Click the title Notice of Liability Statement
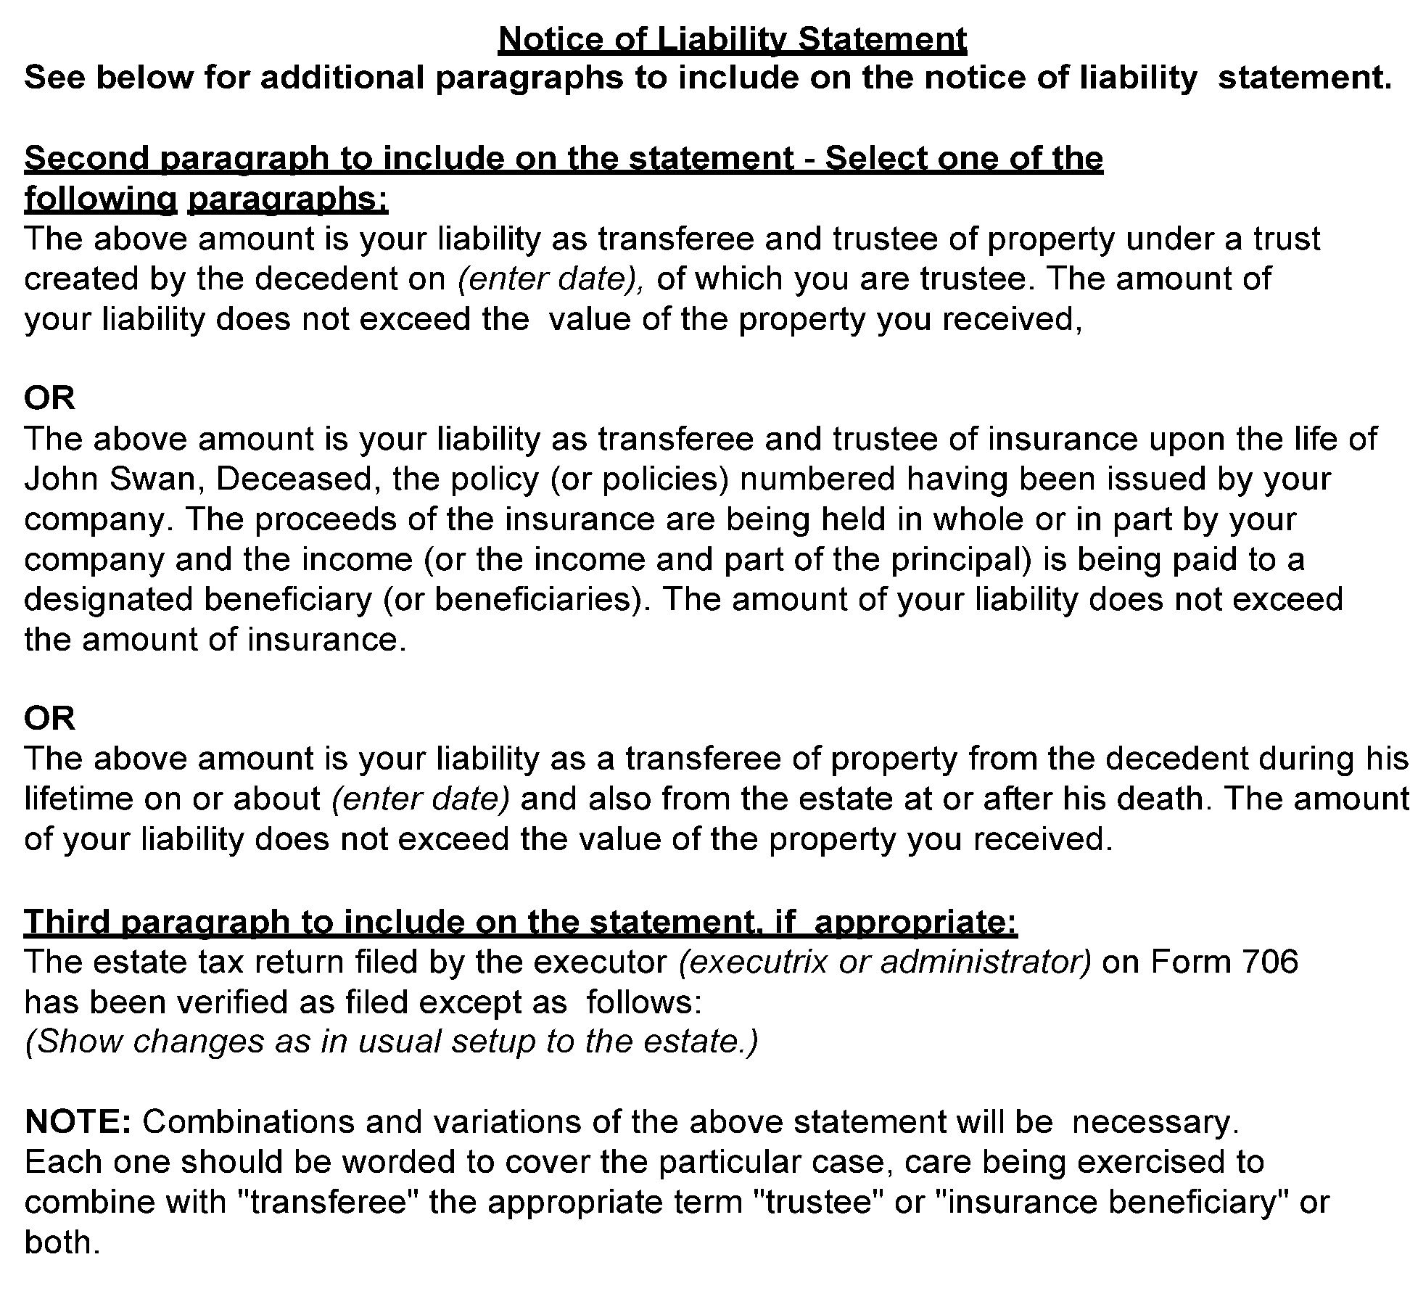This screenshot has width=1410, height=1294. pos(732,39)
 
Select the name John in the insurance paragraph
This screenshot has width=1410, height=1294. pos(59,479)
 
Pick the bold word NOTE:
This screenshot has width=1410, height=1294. pos(78,1122)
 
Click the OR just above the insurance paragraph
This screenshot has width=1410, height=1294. pos(49,398)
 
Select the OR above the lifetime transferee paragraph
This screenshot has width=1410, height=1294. pos(49,718)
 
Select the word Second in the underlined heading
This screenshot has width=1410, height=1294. pos(86,159)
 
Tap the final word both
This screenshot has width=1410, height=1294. pos(61,1243)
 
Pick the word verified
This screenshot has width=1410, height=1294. pos(255,1002)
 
